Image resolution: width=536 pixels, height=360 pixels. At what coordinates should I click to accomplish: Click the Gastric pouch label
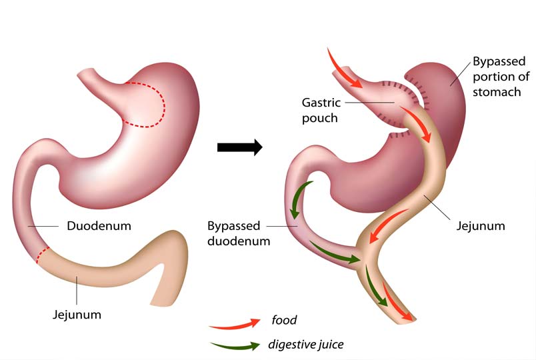click(x=321, y=110)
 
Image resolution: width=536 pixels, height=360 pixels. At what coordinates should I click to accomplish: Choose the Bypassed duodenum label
click(x=238, y=233)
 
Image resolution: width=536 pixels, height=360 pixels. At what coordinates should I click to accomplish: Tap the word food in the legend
click(x=284, y=321)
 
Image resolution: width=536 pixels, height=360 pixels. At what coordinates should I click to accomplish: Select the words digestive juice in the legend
click(x=306, y=345)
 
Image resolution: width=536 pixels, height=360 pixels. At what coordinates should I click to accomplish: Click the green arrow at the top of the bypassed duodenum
click(x=298, y=198)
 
